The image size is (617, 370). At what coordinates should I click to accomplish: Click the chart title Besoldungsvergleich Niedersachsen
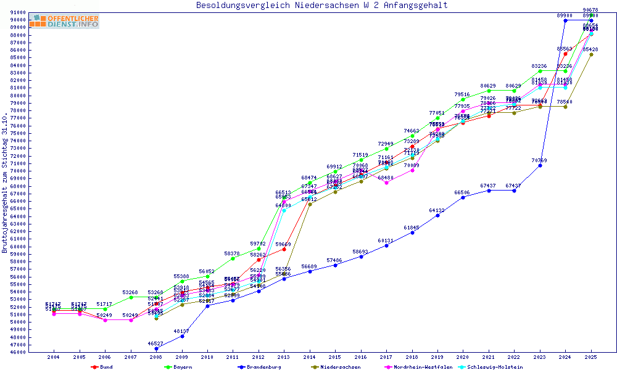(x=321, y=6)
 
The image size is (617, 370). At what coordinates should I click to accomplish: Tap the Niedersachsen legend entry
(x=339, y=367)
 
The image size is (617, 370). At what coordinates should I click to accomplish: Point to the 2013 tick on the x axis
(x=284, y=357)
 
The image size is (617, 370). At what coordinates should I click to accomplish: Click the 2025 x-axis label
(x=591, y=357)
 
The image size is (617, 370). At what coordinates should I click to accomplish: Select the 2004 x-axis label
(x=54, y=357)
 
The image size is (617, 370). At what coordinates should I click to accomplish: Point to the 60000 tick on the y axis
(x=17, y=247)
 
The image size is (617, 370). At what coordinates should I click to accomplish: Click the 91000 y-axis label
(x=17, y=12)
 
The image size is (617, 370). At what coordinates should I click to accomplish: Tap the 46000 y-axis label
(x=17, y=353)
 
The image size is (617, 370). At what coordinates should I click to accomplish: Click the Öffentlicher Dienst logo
(x=64, y=21)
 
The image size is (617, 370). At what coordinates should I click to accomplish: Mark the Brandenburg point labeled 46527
(x=156, y=348)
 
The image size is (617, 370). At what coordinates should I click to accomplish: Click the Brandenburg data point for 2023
(x=540, y=165)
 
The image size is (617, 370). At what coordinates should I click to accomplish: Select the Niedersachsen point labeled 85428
(x=591, y=54)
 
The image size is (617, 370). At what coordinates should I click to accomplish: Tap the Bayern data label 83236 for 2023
(x=539, y=66)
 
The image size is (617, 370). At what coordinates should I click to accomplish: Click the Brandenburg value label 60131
(x=386, y=240)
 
